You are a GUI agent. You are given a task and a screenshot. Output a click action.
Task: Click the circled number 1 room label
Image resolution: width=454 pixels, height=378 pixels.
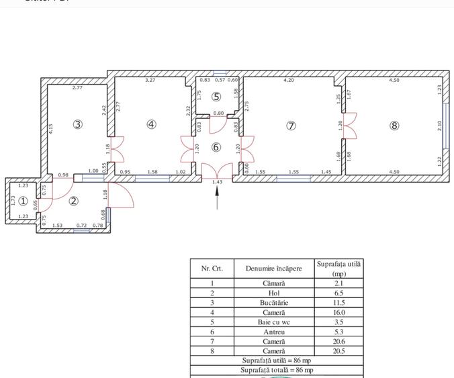23,201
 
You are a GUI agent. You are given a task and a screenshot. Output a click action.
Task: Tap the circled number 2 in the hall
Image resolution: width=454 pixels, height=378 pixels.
75,201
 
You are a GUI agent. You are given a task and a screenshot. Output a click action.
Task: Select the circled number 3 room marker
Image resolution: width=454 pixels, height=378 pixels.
78,124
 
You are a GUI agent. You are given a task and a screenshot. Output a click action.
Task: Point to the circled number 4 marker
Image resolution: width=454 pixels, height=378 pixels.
152,124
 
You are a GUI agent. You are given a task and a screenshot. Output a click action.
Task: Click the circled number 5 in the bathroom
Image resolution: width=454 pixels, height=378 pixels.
216,97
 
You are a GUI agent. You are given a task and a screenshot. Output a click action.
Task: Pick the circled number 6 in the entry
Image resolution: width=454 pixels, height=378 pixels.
216,147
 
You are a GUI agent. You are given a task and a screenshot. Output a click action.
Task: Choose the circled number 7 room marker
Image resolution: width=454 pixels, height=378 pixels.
291,126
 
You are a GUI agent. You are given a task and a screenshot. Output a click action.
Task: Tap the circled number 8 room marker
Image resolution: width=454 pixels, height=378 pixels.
394,126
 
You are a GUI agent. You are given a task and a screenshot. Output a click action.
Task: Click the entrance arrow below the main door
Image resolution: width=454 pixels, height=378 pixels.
217,197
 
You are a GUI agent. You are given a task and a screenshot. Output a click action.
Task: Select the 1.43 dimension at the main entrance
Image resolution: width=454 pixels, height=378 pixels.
217,182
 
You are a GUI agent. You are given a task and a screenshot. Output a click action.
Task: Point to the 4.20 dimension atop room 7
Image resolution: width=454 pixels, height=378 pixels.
289,81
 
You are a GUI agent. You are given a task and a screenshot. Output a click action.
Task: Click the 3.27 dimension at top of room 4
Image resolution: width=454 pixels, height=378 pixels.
150,81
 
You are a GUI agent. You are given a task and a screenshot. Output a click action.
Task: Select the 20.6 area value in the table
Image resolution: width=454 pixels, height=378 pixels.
338,341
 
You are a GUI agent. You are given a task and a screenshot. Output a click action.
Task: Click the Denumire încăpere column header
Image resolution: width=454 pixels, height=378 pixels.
273,269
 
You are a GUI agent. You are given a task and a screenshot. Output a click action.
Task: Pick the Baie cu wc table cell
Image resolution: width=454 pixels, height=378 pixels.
273,322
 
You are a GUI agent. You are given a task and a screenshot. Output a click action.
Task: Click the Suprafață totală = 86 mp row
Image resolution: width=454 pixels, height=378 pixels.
277,370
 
